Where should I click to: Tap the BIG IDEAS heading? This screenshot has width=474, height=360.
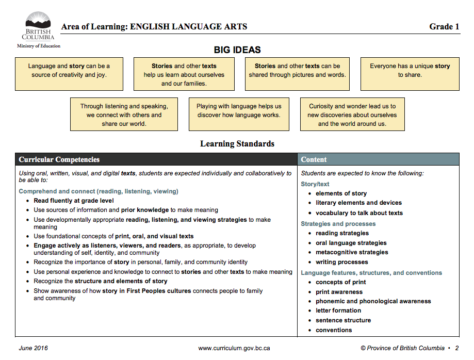[237, 50]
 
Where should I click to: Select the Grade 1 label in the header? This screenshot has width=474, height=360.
[444, 27]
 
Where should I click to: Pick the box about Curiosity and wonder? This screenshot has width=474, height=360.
[352, 114]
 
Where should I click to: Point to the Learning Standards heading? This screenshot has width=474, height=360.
[237, 144]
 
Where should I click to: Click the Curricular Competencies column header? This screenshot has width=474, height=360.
[59, 159]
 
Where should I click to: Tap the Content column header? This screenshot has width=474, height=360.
[314, 159]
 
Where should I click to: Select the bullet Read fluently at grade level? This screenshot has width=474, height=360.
[74, 201]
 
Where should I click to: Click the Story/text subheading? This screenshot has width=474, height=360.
[315, 184]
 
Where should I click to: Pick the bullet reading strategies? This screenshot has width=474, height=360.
[342, 233]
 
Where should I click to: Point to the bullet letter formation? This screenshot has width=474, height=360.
[338, 310]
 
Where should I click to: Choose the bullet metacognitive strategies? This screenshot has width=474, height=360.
[352, 252]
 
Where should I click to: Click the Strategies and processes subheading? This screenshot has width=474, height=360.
[338, 224]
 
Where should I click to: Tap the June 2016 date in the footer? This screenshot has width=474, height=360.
[33, 348]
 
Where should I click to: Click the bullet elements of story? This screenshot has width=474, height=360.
[341, 193]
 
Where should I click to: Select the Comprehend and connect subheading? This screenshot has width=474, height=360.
[99, 191]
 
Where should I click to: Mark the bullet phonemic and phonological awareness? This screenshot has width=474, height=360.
[373, 301]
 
